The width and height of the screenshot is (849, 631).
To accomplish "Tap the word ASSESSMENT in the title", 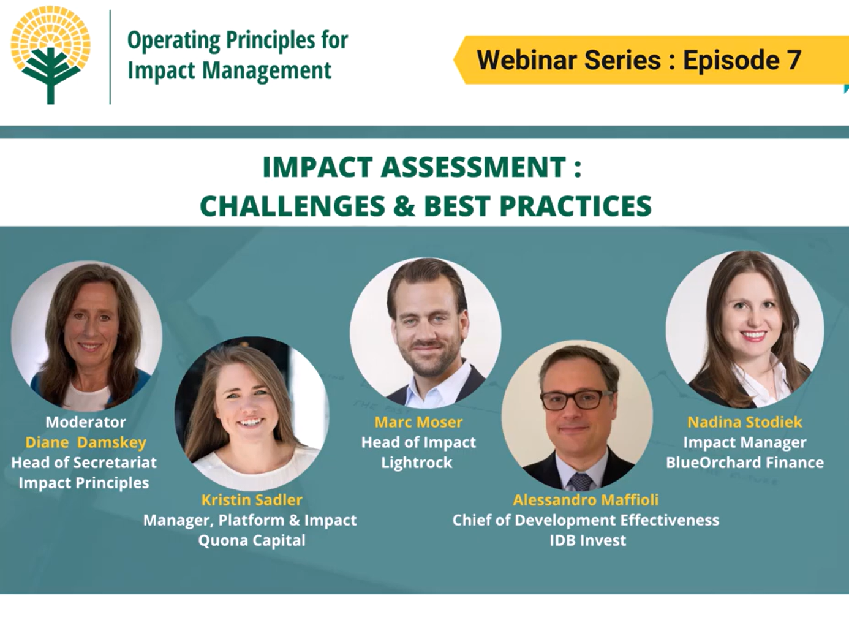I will point(474,167).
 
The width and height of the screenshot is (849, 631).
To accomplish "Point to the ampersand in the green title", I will point(404,206).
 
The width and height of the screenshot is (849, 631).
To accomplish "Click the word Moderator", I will point(85,422).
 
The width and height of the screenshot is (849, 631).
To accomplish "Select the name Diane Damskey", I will point(85,442).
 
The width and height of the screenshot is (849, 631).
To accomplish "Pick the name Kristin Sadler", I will point(251,500).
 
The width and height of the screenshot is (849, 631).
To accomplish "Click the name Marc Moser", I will point(418,422).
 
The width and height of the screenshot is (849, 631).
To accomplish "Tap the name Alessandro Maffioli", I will point(586,500).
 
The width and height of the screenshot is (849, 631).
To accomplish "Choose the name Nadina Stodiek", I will point(744,422).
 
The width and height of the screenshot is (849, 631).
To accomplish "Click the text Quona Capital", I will point(251,540).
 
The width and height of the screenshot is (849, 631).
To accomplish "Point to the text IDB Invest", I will point(587,540).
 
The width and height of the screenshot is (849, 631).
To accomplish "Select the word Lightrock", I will point(417,463).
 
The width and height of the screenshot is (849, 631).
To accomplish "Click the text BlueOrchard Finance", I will point(744,463).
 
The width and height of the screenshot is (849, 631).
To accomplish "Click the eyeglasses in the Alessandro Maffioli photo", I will point(576,399).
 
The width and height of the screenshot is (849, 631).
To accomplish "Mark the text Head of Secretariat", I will point(84,463).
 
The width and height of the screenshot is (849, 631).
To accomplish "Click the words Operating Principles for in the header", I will point(237,40).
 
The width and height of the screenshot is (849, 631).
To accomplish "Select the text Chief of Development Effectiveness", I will point(586,520).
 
